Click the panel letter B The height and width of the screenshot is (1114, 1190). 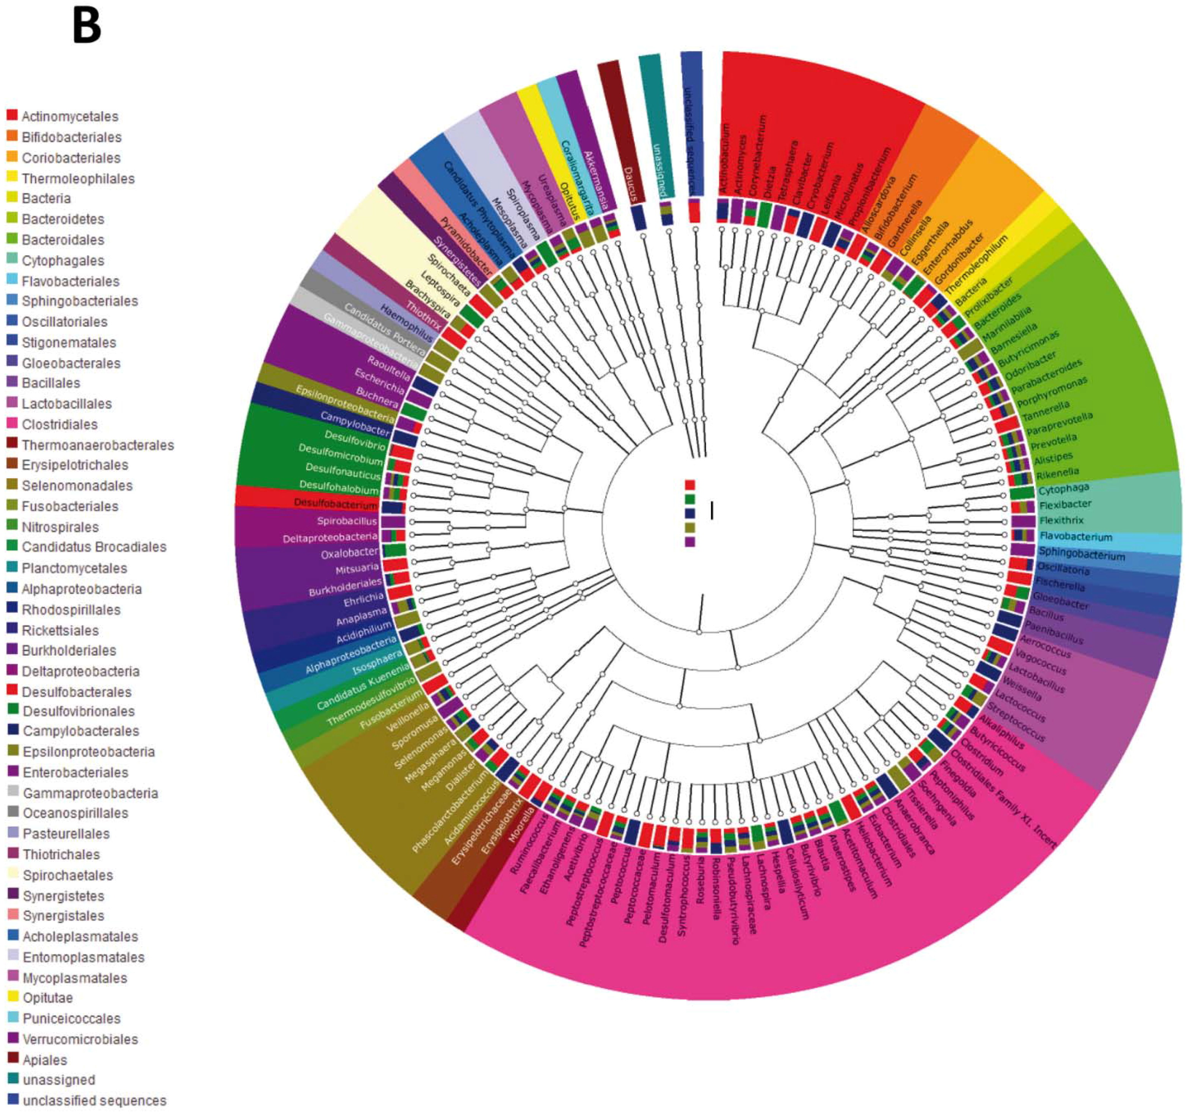point(87,27)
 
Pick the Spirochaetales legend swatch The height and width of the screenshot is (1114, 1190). point(13,875)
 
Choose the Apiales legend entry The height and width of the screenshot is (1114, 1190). point(44,1059)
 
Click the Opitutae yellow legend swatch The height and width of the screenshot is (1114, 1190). point(13,997)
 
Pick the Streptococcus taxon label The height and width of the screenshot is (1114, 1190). point(1016,721)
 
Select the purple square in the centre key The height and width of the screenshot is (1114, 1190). point(690,542)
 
